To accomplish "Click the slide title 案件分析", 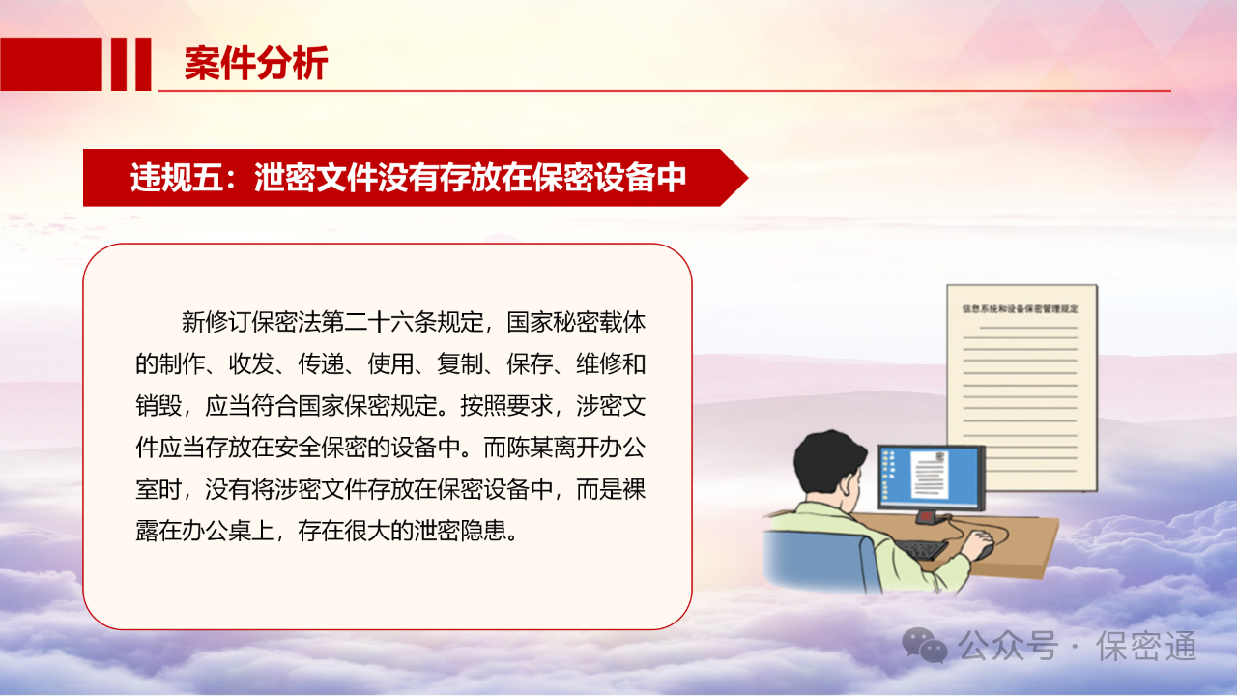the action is [x=256, y=64].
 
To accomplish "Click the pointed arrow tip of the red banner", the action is [x=748, y=178].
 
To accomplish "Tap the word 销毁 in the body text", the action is [x=158, y=406].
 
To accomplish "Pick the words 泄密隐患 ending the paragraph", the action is [x=460, y=531].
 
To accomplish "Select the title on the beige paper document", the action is [x=1020, y=308].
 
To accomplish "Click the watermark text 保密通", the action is [x=1146, y=646].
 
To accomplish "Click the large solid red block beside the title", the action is [x=51, y=64].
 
